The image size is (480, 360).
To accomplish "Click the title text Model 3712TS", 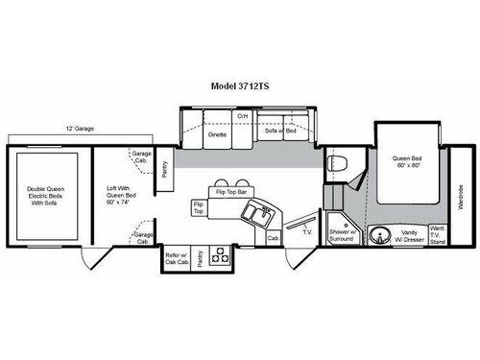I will point(239,84).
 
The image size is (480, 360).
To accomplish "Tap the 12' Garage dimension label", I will point(79,127).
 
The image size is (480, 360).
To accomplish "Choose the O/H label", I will point(243,116).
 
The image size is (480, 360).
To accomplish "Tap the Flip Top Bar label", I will point(231,191).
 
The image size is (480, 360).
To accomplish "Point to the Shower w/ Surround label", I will point(341,236).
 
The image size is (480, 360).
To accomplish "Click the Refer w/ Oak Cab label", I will point(176,255).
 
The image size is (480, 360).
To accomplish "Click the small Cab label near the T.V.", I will point(273,237).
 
